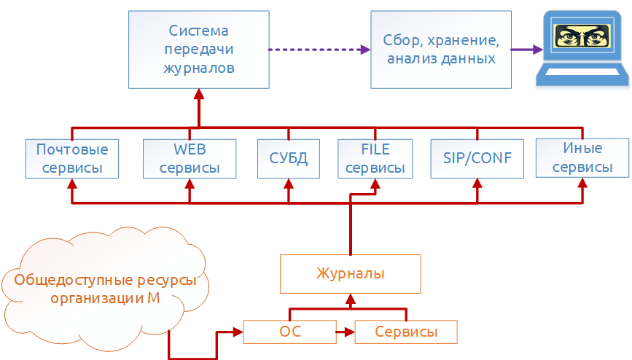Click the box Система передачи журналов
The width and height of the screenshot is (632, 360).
point(198,49)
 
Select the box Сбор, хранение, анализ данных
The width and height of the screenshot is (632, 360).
point(441,49)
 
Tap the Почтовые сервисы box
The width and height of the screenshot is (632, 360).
point(71,158)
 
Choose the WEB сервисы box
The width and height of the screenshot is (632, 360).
point(190,158)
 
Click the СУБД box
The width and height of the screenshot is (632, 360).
point(288,158)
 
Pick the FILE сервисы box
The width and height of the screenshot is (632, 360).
point(375,158)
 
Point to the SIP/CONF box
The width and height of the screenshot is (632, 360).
point(477,158)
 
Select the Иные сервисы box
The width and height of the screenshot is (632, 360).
point(582,158)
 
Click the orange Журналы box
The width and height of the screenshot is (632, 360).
point(351,273)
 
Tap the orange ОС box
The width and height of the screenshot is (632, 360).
point(290,332)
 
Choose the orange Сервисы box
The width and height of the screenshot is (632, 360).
point(406,332)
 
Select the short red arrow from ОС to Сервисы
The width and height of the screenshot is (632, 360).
point(344,332)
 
